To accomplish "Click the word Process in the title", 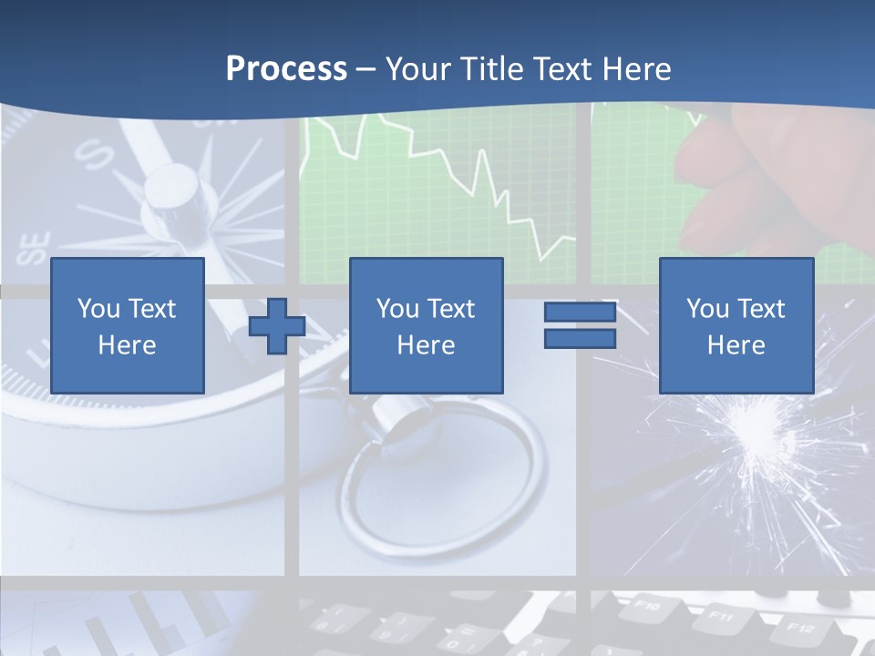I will point(286,69).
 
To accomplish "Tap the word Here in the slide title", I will point(633,69).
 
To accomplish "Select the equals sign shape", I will point(580,325).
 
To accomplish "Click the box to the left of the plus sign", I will point(128,325).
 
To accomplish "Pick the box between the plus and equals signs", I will point(427,325).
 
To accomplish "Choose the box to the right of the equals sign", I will point(736,325).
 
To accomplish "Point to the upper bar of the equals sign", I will point(580,313).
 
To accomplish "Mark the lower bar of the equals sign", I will point(580,338).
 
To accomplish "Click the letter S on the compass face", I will point(93,154).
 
